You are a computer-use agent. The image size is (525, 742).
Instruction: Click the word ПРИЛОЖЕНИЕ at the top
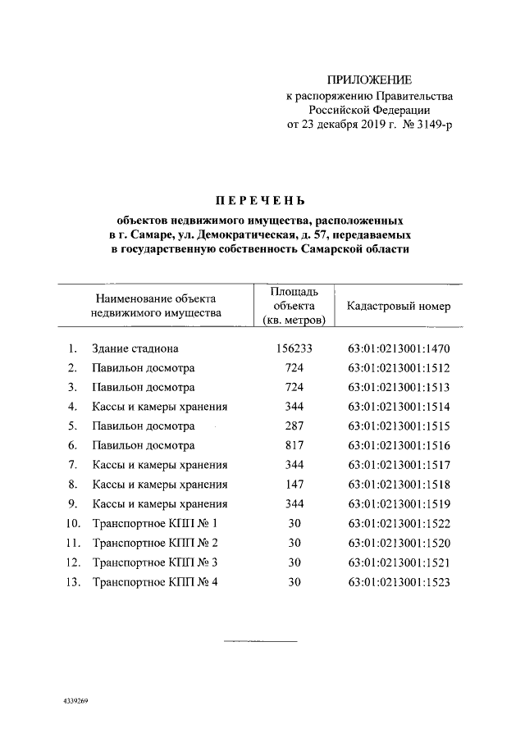click(x=369, y=80)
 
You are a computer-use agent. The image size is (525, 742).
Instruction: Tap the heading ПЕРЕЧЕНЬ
click(x=259, y=201)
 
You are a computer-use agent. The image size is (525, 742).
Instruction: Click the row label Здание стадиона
click(x=135, y=348)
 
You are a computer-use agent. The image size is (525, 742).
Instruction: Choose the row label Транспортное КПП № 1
click(x=157, y=524)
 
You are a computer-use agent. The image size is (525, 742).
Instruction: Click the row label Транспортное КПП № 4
click(x=157, y=582)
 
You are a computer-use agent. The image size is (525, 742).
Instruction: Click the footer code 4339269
click(x=75, y=703)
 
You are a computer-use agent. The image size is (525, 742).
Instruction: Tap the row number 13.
click(x=73, y=582)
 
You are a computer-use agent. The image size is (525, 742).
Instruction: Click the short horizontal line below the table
click(x=260, y=640)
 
